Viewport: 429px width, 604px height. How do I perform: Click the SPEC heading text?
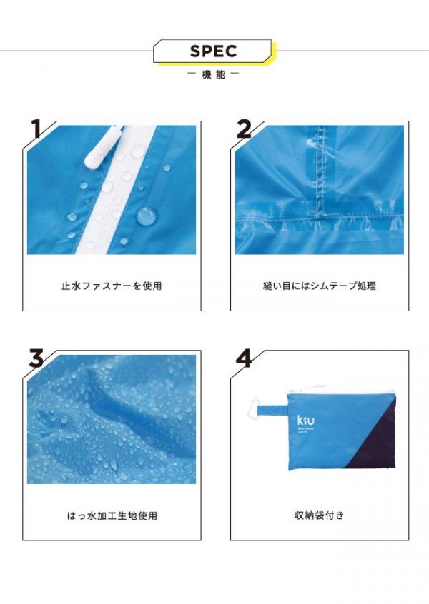click(x=213, y=51)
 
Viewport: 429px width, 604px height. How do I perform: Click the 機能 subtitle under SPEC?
click(x=214, y=74)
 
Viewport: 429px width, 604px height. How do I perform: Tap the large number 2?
click(x=245, y=130)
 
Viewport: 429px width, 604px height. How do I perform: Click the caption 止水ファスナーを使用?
click(x=111, y=286)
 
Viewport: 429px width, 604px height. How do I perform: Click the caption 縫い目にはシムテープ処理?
click(x=319, y=286)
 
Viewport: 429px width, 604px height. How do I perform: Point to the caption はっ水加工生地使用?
click(x=111, y=515)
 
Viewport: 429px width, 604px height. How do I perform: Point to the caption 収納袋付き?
click(x=319, y=515)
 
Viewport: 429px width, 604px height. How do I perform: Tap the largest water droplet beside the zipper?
click(x=146, y=214)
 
